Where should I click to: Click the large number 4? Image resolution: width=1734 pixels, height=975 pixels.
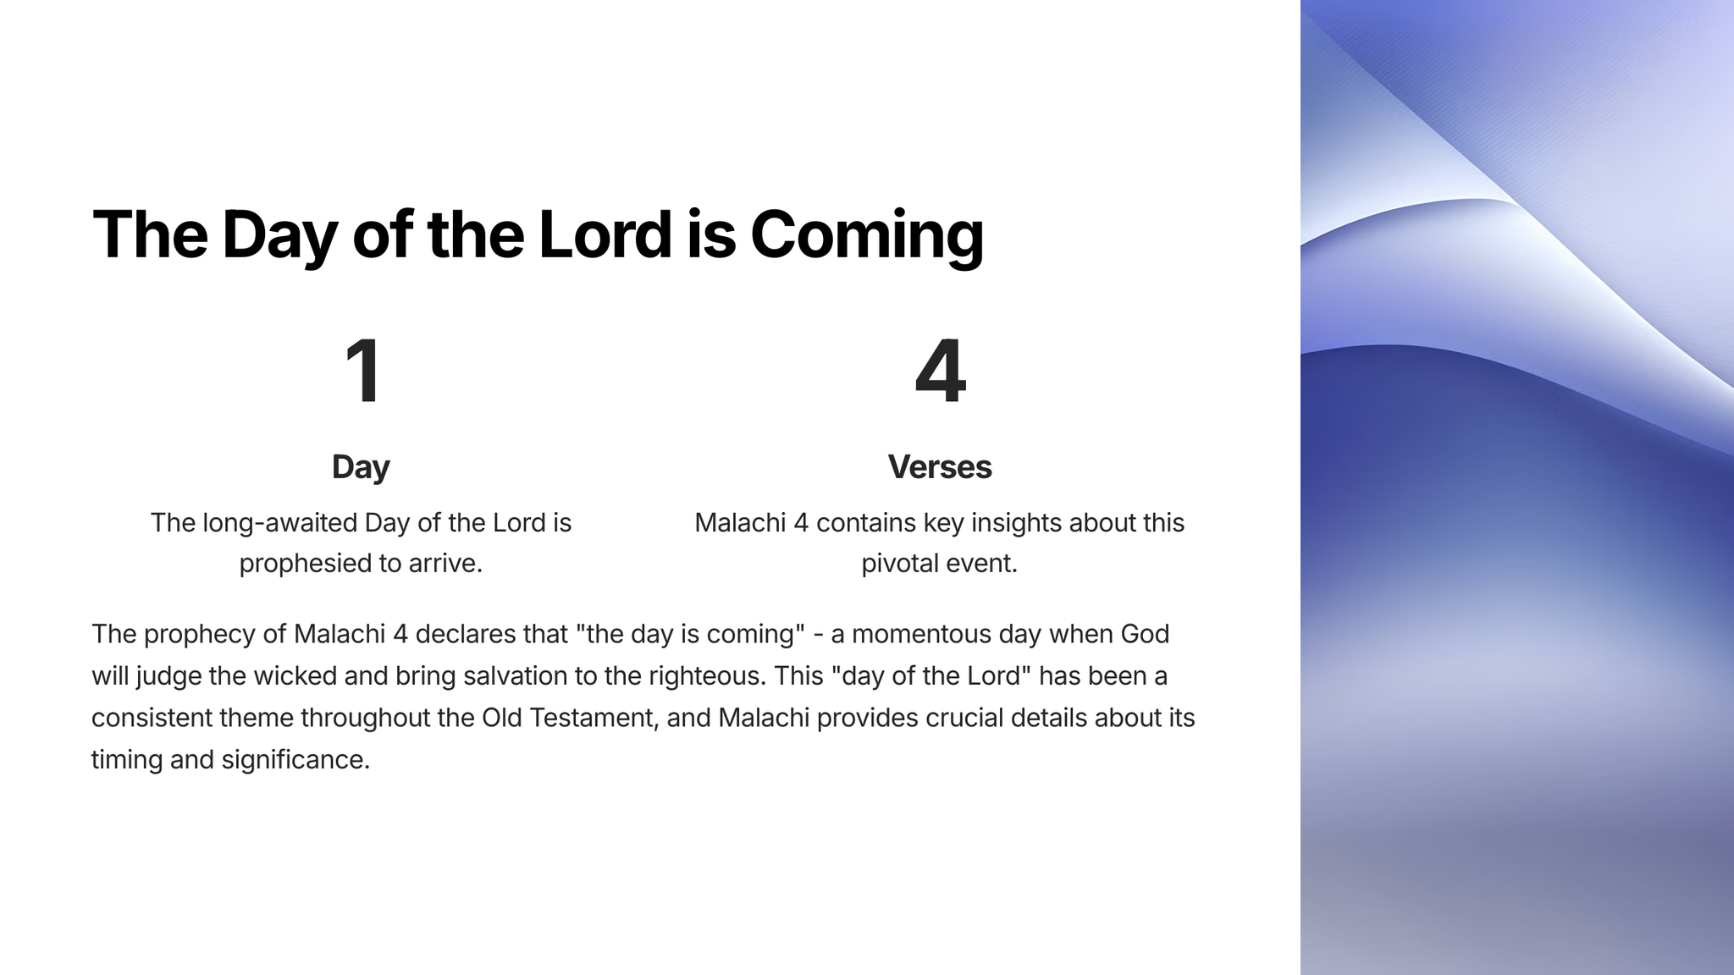point(940,372)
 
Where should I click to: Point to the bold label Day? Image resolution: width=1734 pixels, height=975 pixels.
point(361,468)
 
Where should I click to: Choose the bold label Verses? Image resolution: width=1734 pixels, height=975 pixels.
point(940,466)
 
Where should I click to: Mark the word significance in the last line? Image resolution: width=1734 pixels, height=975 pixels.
point(295,760)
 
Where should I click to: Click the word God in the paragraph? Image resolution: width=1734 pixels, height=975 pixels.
point(1145,634)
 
